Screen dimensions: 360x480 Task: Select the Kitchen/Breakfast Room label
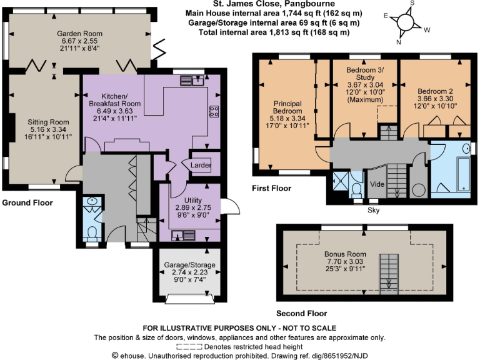pos(114,99)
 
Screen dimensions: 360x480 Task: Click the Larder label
pos(201,165)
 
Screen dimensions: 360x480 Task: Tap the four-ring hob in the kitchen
pos(214,112)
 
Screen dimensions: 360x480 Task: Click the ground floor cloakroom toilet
pos(92,232)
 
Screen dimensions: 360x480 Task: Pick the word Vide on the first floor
pos(377,185)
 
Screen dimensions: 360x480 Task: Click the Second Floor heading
pos(301,314)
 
